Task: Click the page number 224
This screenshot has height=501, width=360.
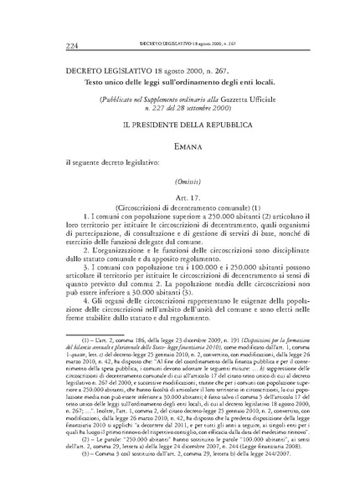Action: tap(58, 43)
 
